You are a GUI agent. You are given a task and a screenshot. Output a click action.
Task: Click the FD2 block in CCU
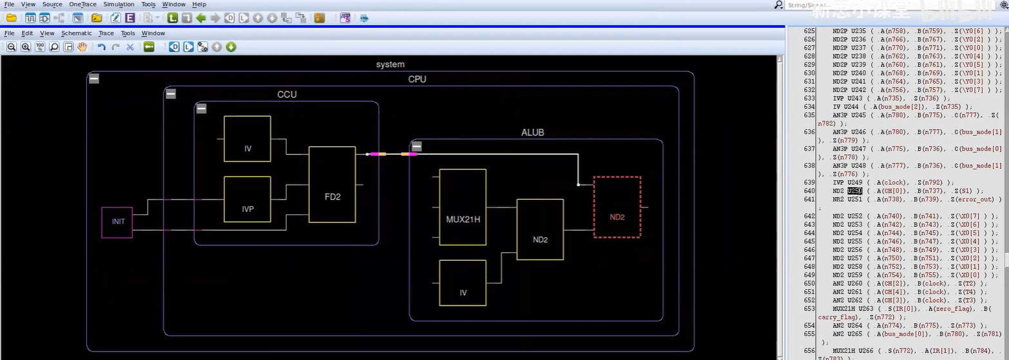pyautogui.click(x=332, y=185)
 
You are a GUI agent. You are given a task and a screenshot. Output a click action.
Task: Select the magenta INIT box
pyautogui.click(x=117, y=222)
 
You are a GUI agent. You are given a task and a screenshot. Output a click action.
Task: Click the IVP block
pyautogui.click(x=247, y=199)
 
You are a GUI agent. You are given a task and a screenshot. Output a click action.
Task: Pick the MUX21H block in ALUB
pyautogui.click(x=463, y=207)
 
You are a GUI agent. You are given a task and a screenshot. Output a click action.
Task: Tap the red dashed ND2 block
pyautogui.click(x=617, y=207)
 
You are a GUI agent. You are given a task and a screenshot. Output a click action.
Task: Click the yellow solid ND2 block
pyautogui.click(x=540, y=229)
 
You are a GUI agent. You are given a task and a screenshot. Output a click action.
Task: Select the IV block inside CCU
pyautogui.click(x=247, y=139)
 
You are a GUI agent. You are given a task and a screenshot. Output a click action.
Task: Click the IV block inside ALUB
pyautogui.click(x=463, y=283)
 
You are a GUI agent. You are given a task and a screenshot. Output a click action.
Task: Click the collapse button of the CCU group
pyautogui.click(x=201, y=109)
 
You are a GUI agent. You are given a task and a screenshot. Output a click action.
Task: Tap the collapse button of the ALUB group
pyautogui.click(x=416, y=147)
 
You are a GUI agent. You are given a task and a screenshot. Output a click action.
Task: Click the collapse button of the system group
pyautogui.click(x=93, y=79)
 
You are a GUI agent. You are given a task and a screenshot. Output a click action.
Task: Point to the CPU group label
pyautogui.click(x=417, y=79)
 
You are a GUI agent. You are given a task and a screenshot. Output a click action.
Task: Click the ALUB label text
pyautogui.click(x=532, y=133)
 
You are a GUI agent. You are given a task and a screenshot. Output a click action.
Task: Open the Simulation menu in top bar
pyautogui.click(x=119, y=5)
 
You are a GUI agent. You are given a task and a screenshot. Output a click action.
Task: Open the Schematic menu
pyautogui.click(x=77, y=33)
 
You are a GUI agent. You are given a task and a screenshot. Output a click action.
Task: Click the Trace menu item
pyautogui.click(x=106, y=33)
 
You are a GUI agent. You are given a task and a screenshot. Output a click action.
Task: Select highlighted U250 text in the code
pyautogui.click(x=854, y=191)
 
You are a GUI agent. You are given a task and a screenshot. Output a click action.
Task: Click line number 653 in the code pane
pyautogui.click(x=809, y=308)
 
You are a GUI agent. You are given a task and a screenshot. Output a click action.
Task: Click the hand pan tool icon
pyautogui.click(x=82, y=47)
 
